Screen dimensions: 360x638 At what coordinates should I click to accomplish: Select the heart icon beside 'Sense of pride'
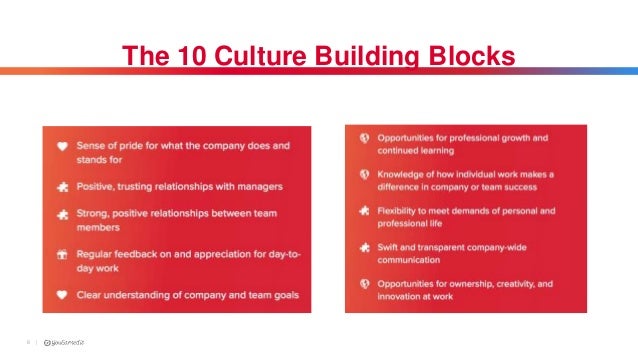[62, 146]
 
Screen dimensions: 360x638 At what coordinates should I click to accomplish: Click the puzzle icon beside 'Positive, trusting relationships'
[62, 186]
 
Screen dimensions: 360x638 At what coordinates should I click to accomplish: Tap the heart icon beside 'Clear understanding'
[62, 295]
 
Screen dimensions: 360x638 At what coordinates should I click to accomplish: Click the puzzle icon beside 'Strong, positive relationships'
[62, 213]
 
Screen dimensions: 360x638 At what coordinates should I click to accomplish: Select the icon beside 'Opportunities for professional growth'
[365, 137]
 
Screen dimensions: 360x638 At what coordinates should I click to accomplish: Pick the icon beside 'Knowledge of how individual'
[365, 174]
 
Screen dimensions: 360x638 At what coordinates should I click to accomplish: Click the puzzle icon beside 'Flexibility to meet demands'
[365, 211]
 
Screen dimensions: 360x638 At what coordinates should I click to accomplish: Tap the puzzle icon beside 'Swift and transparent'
[365, 248]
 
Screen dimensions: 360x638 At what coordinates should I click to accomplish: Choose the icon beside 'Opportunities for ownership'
[365, 285]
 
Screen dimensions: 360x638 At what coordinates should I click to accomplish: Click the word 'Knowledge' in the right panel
[406, 174]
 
